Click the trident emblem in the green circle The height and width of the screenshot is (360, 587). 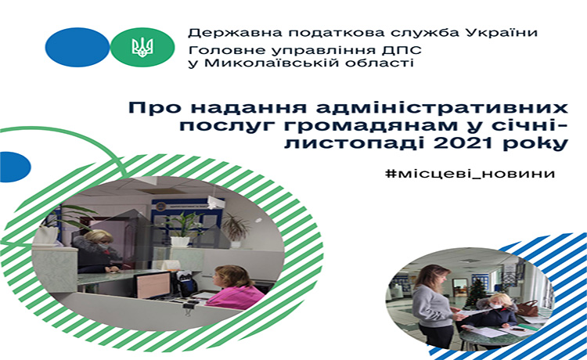[x=142, y=47]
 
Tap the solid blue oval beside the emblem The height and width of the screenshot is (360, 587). [x=77, y=47]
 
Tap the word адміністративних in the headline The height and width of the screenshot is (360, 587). [x=442, y=109]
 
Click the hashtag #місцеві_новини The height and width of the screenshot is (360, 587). [x=470, y=174]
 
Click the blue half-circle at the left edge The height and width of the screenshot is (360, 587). [x=15, y=167]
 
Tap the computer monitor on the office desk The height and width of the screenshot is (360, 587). [x=153, y=285]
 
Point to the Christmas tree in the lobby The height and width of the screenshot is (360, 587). [x=476, y=293]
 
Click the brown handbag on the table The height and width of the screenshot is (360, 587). [x=528, y=308]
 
